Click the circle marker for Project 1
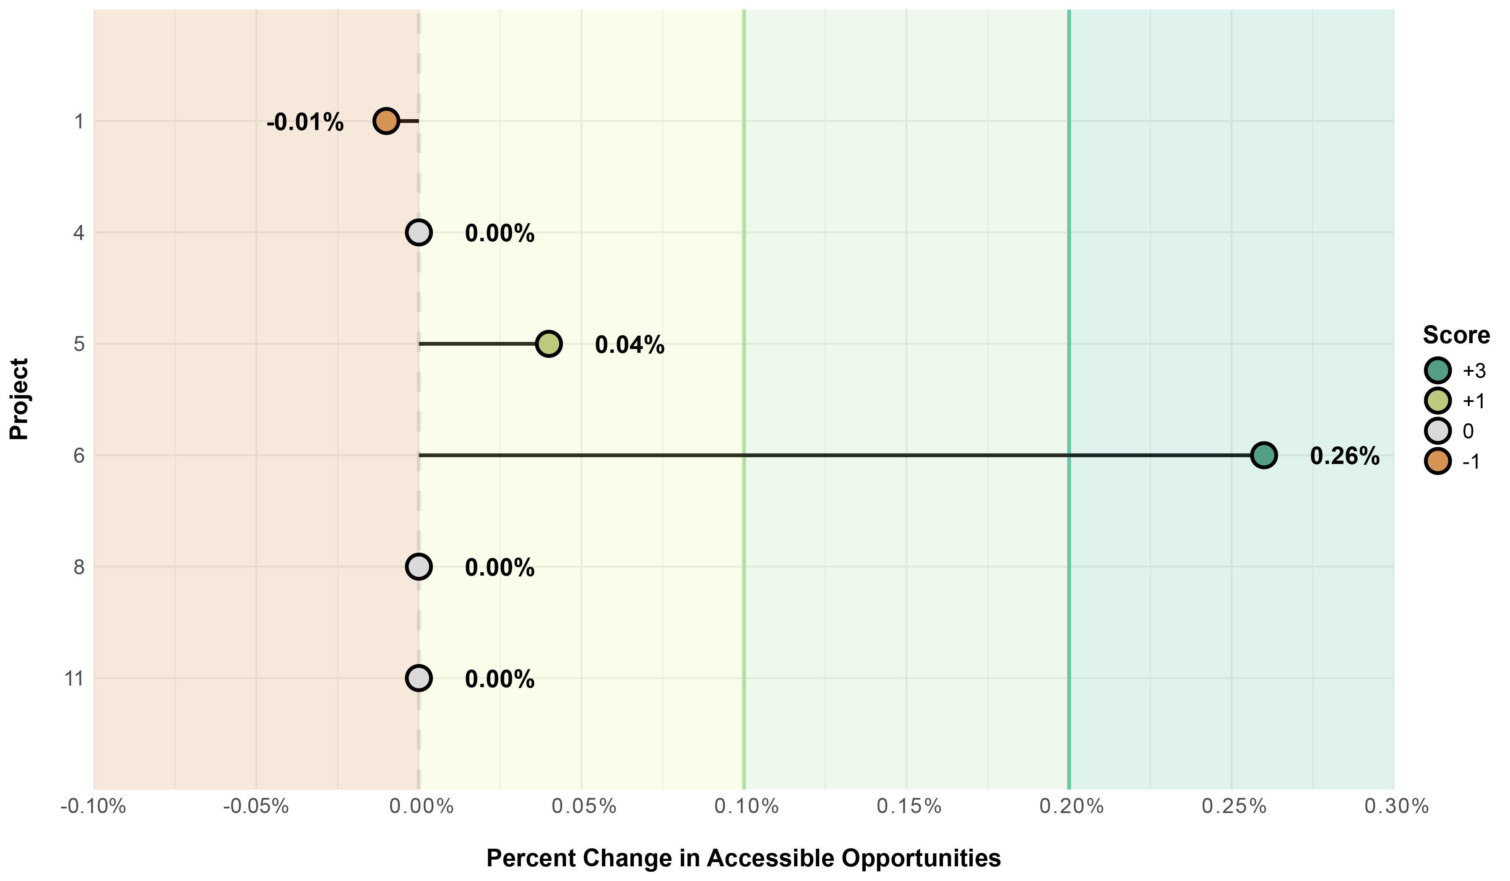coord(386,122)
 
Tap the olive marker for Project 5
coord(548,344)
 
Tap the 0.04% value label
coord(629,345)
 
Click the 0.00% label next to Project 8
coord(499,568)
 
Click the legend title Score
coord(1456,335)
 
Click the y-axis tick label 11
coord(74,679)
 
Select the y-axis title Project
coord(19,399)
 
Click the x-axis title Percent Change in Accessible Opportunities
coord(743,858)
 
